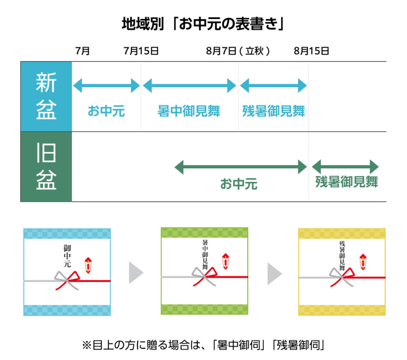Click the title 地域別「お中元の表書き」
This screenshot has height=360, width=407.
tap(203, 24)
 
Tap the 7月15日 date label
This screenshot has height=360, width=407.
tap(141, 51)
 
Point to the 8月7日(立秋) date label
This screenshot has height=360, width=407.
tap(238, 51)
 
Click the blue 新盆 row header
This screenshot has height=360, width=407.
tap(46, 96)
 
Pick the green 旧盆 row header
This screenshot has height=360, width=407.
tap(46, 167)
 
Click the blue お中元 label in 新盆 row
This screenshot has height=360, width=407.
tap(106, 111)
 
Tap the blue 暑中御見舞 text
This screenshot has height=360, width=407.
tap(189, 111)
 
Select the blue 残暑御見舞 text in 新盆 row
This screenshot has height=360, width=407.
tap(274, 111)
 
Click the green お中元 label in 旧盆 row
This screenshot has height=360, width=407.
tap(239, 184)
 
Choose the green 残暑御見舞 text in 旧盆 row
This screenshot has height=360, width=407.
tap(347, 182)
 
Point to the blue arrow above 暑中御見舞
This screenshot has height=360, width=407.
tap(189, 85)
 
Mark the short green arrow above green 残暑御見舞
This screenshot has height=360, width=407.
tap(345, 166)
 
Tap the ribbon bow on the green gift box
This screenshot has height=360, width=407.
tap(204, 276)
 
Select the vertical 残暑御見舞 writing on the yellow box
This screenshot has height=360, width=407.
tap(342, 256)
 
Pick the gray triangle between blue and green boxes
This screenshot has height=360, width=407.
tap(136, 273)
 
